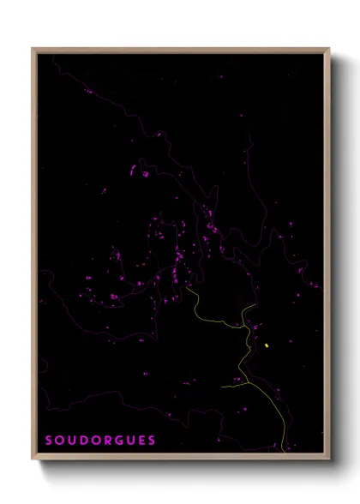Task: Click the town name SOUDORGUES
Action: tap(100, 441)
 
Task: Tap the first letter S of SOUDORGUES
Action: tap(48, 441)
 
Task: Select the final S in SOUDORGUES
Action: tap(152, 441)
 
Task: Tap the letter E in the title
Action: tap(141, 441)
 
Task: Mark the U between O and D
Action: tap(70, 441)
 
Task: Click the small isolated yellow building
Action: tap(267, 345)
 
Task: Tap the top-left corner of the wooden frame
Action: tap(33, 49)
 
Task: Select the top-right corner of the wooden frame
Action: tap(329, 49)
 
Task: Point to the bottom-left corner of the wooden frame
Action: tap(33, 460)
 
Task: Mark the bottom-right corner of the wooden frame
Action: tap(329, 460)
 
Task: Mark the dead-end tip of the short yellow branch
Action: tap(222, 386)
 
